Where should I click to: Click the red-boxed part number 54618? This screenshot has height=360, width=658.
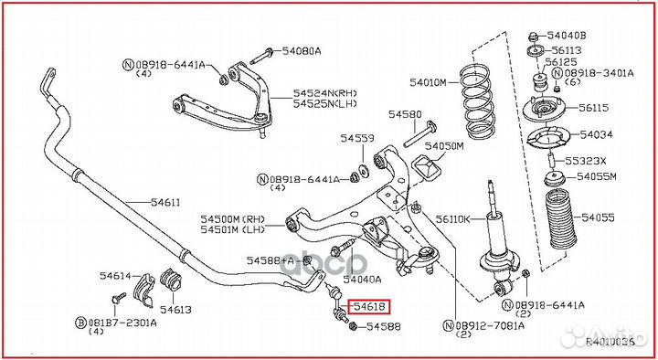(370, 308)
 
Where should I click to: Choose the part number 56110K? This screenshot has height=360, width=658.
(452, 219)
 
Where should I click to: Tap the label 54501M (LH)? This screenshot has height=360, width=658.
(232, 230)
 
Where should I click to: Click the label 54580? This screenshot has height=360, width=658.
(404, 115)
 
